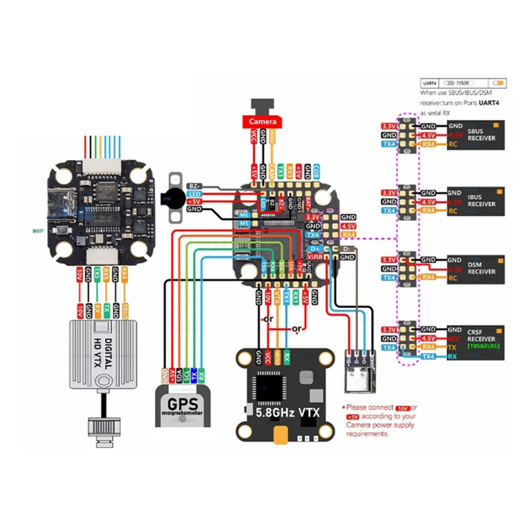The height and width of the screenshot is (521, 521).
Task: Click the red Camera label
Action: click(x=262, y=122)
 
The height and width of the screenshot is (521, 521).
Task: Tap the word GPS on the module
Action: click(x=183, y=403)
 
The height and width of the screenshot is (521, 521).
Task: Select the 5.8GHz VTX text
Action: click(x=287, y=412)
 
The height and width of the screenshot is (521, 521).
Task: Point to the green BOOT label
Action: click(x=38, y=231)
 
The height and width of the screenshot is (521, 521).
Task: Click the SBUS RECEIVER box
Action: click(x=476, y=135)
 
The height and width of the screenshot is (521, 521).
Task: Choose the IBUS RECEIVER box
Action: click(x=476, y=201)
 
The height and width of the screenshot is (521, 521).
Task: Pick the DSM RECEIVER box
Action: click(x=476, y=269)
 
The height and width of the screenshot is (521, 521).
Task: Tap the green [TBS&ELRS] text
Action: click(x=483, y=346)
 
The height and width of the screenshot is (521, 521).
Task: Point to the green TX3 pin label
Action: click(x=280, y=171)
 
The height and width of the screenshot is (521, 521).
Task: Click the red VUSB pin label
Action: click(x=314, y=257)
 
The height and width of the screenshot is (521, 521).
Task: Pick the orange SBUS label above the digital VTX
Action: click(x=125, y=311)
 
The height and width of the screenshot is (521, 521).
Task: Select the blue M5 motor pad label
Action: click(x=244, y=224)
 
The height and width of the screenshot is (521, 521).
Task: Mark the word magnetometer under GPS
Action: click(x=182, y=413)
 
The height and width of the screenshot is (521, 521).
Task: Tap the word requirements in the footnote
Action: click(x=367, y=433)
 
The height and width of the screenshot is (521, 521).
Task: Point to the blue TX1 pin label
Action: click(x=287, y=297)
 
